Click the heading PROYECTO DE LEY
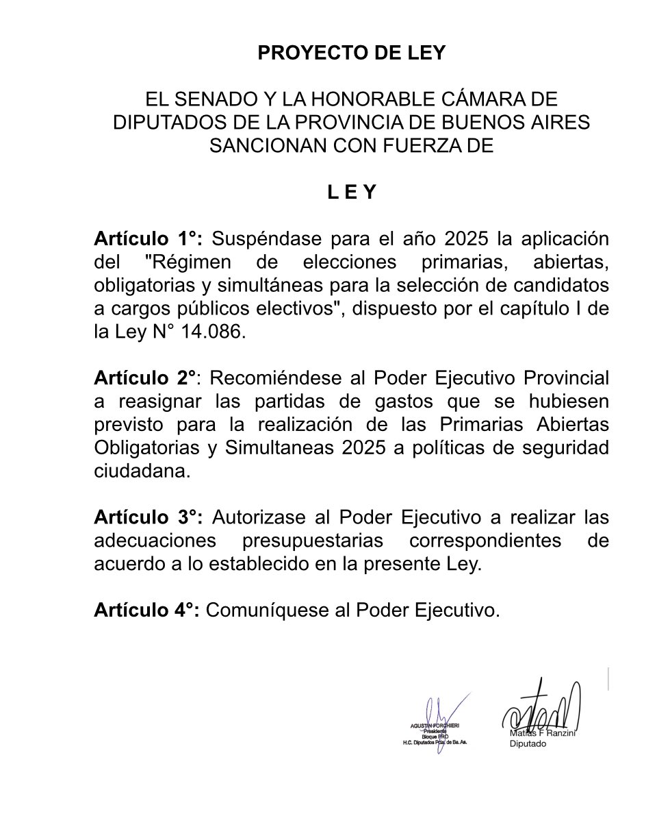(x=351, y=53)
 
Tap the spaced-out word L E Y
(x=351, y=193)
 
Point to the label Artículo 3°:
(x=148, y=517)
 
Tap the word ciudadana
(x=140, y=471)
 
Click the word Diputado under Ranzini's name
(x=528, y=744)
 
